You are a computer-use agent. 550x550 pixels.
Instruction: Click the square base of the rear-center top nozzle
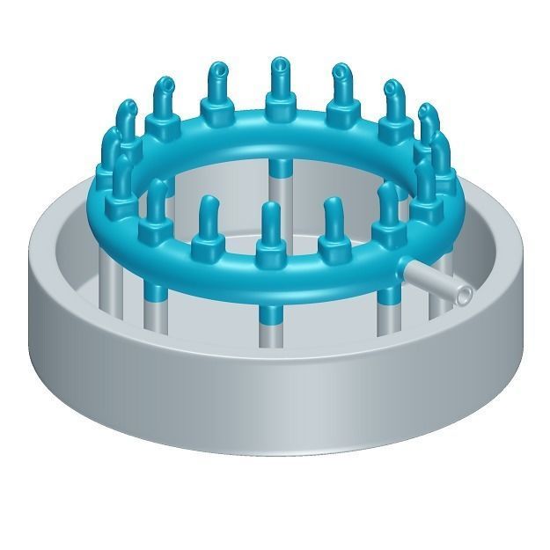tap(279, 111)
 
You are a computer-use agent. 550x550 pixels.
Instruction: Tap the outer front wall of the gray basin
tap(264, 396)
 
